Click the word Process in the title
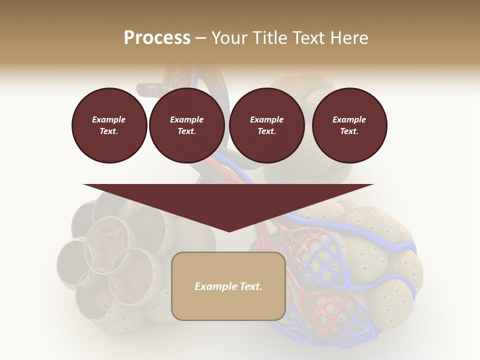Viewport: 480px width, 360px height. [x=157, y=38]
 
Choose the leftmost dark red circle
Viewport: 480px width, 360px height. [x=109, y=125]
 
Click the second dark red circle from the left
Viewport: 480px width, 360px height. [x=187, y=125]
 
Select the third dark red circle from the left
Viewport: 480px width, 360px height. [x=267, y=125]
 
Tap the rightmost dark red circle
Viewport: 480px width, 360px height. [x=349, y=125]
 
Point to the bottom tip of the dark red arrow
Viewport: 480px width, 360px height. [x=229, y=231]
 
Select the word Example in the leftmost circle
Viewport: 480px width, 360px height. [x=109, y=119]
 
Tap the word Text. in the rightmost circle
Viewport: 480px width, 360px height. [x=349, y=131]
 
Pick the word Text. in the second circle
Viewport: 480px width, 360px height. [x=187, y=131]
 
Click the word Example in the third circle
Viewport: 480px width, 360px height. [x=267, y=119]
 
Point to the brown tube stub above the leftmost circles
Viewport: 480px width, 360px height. [x=152, y=90]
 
